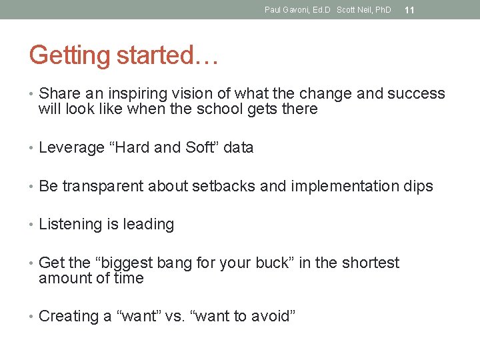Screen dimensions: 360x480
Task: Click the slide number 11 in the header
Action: (409, 10)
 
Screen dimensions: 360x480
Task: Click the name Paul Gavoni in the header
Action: (287, 10)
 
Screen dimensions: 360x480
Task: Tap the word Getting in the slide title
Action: (69, 55)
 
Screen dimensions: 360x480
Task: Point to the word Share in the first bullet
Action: (60, 93)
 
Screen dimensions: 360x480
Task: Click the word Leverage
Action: (71, 148)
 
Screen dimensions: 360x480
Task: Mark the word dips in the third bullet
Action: (419, 187)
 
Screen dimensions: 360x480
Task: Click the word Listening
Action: (70, 225)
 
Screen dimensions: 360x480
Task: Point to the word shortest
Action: (371, 263)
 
